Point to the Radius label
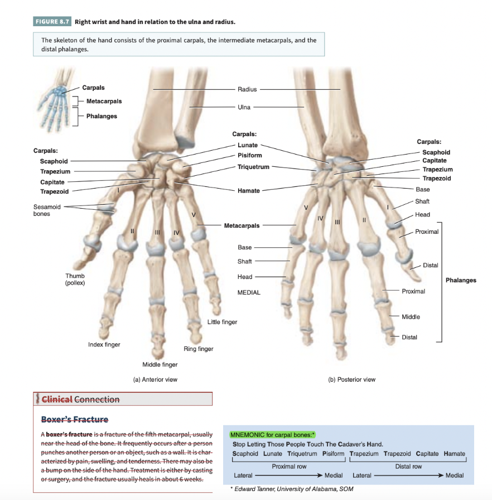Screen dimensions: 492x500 (247, 89)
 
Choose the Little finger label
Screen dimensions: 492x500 (222, 322)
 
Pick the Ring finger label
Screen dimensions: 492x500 (198, 349)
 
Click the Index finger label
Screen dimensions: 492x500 (104, 345)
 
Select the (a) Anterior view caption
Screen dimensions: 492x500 (155, 379)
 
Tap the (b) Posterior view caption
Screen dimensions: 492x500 (352, 379)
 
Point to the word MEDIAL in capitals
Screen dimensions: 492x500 (249, 292)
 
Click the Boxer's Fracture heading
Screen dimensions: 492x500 (75, 419)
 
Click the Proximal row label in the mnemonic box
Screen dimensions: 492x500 (289, 466)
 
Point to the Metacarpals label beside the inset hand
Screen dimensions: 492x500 (104, 101)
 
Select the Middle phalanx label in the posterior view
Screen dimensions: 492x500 (411, 317)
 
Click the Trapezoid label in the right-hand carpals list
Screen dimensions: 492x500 (437, 178)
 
